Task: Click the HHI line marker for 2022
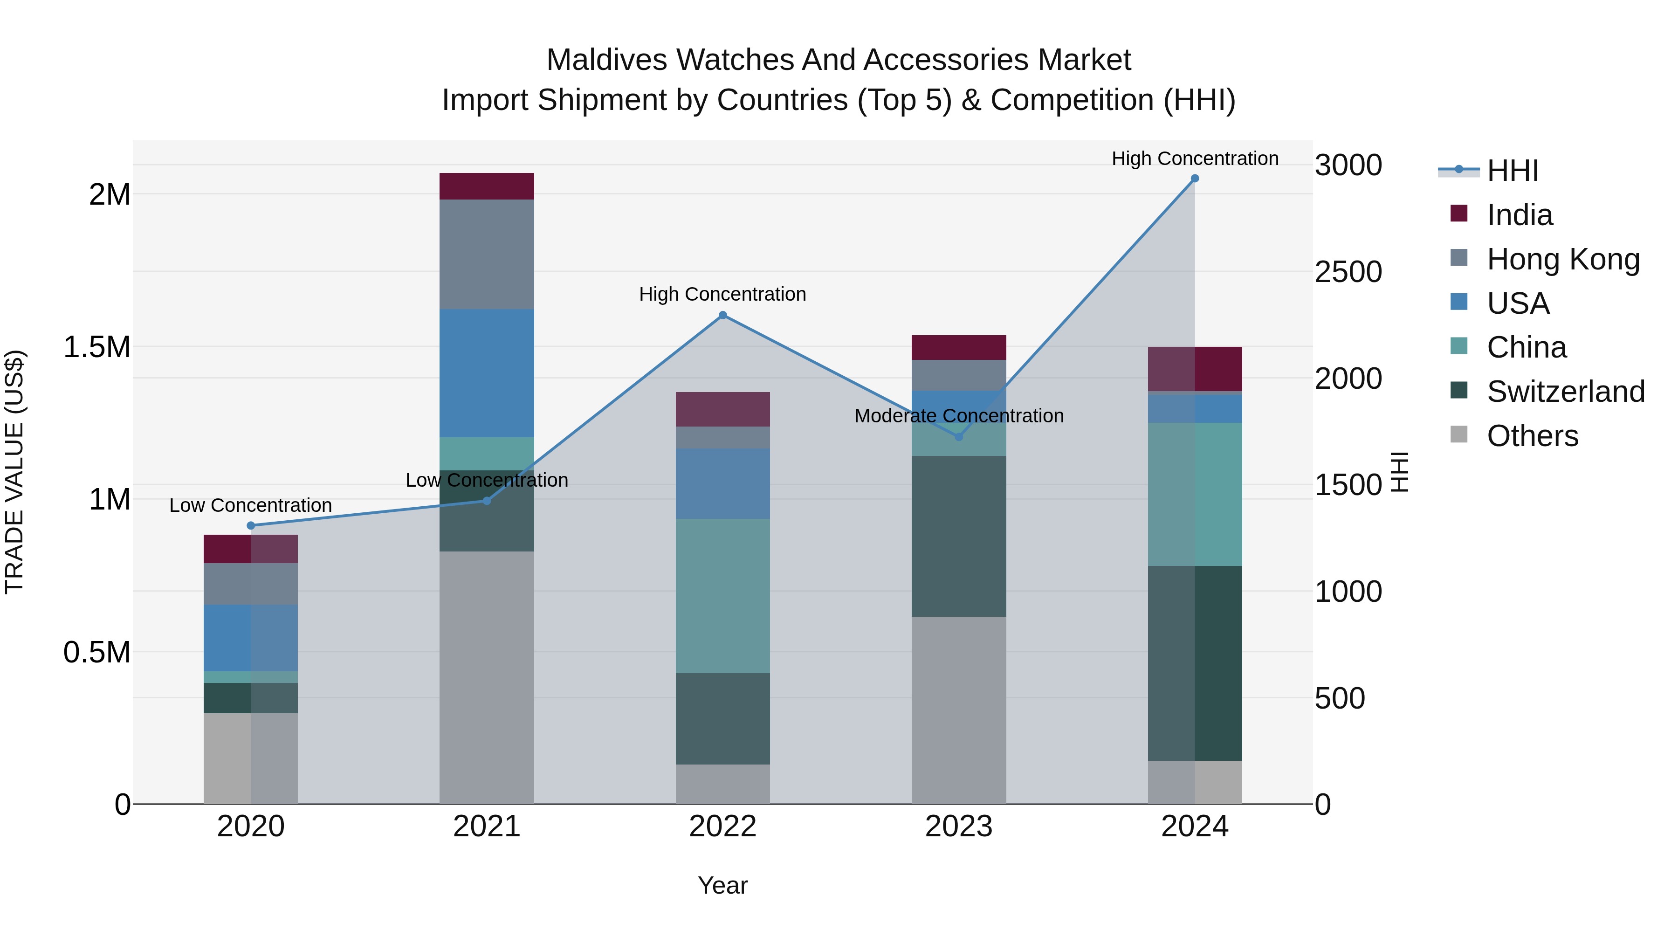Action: pos(722,315)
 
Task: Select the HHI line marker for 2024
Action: pos(1195,179)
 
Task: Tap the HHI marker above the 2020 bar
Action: pos(251,526)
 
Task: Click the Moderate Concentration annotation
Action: pos(959,416)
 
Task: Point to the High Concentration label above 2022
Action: pos(722,295)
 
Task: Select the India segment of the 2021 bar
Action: pos(487,186)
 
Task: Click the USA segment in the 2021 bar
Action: pos(487,372)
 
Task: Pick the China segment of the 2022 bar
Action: pos(722,595)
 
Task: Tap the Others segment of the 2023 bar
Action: pos(958,710)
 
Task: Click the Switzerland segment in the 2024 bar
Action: pos(1195,663)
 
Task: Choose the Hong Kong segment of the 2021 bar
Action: pos(487,254)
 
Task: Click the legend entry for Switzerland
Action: pos(1565,392)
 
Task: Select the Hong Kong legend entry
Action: pos(1563,259)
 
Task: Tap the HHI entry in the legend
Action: pos(1512,171)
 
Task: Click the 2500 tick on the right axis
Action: pos(1348,272)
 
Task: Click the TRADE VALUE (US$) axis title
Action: pos(14,472)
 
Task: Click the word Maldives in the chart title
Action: pos(606,61)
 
